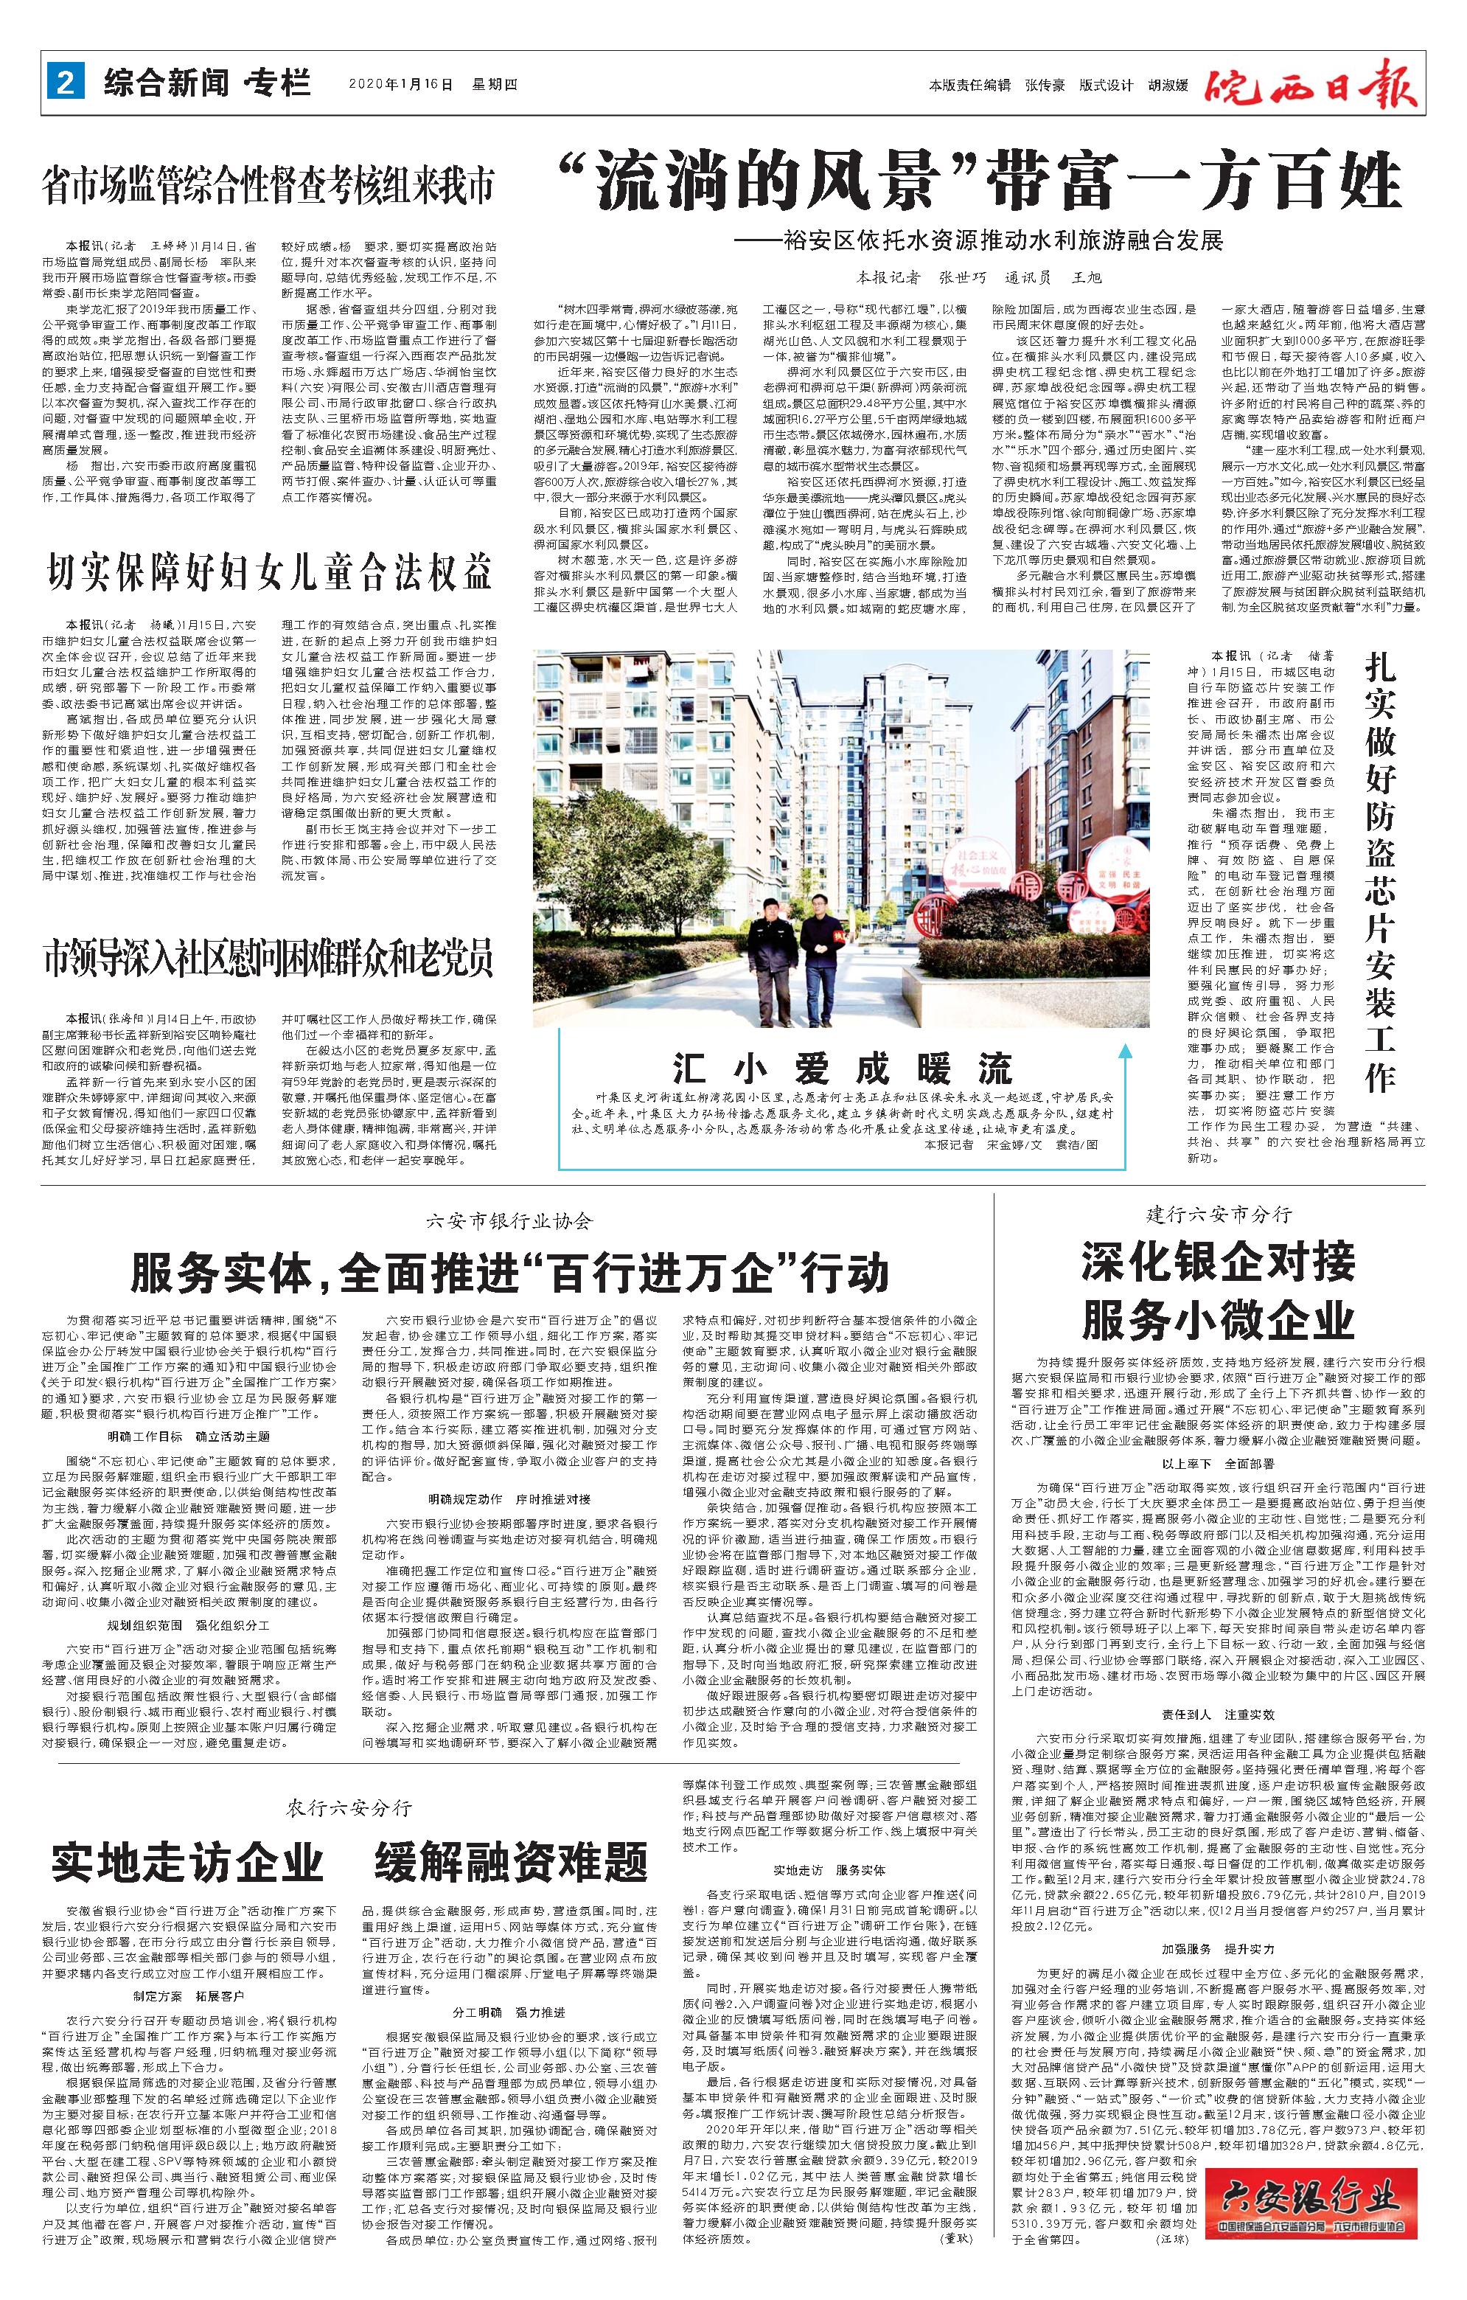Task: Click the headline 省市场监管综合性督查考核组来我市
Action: coord(268,185)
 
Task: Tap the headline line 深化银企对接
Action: coord(1218,1261)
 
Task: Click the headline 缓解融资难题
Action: coord(511,1861)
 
